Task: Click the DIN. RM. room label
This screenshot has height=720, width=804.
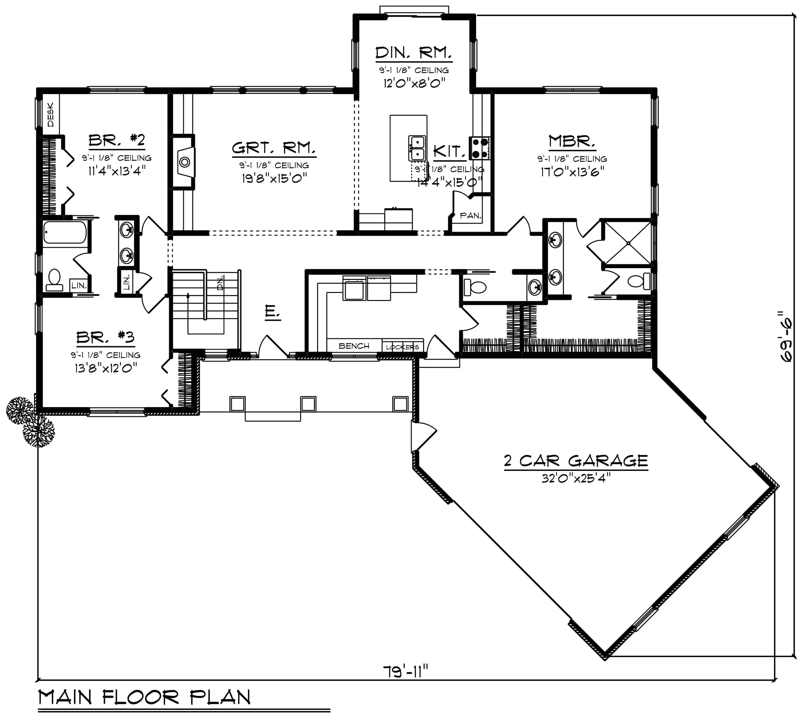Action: (413, 52)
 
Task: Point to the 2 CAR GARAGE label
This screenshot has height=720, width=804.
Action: (576, 461)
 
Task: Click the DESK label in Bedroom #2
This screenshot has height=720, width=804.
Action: (51, 115)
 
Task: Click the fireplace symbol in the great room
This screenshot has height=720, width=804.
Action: (185, 162)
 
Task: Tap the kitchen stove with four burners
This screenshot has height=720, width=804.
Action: (479, 148)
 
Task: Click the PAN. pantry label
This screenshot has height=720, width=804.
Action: (470, 216)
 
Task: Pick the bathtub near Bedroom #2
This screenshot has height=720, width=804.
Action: (65, 232)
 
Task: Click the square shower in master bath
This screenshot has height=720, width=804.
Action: (628, 243)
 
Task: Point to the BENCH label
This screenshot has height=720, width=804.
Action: (354, 346)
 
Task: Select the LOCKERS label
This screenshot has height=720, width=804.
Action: (402, 347)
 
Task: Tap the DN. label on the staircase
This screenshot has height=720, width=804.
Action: (220, 283)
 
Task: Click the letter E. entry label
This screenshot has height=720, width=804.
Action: (272, 312)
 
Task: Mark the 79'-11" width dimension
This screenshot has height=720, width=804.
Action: (405, 671)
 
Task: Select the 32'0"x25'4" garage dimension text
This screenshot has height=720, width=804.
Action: (576, 478)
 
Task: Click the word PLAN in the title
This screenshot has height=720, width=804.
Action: (220, 698)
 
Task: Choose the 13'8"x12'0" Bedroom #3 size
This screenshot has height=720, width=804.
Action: (106, 368)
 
